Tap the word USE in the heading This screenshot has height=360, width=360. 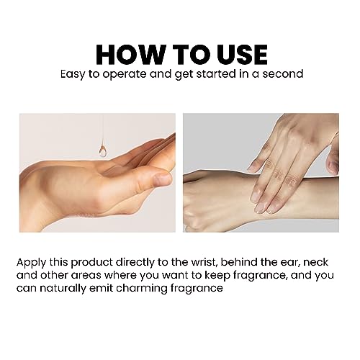point(242,55)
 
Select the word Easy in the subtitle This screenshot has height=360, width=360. point(73,74)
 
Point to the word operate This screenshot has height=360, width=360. point(125,75)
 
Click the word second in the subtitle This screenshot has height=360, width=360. point(283,74)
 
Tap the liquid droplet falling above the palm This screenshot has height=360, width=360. point(103,150)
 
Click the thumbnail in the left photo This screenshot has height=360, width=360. point(163,179)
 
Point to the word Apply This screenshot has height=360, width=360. point(31,263)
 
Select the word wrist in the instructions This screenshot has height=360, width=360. point(202,262)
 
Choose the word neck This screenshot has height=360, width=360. point(315,262)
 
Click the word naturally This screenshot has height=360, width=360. point(63,289)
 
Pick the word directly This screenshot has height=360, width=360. point(135,263)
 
